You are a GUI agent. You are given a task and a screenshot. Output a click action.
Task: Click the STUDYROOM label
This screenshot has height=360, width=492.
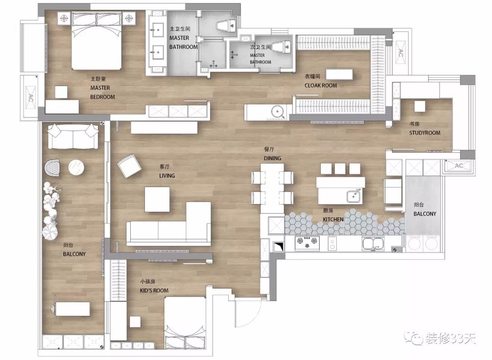tap(425, 133)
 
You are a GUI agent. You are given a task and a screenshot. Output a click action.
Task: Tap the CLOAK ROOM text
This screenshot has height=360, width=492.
tap(321, 86)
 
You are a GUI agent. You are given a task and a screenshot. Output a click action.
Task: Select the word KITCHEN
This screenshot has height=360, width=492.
tap(333, 219)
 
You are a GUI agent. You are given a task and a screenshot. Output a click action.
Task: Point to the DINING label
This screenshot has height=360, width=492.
tap(272, 158)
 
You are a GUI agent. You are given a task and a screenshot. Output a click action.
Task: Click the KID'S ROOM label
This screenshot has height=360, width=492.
tap(154, 291)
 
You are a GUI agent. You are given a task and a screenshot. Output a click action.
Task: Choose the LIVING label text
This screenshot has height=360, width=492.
tap(167, 176)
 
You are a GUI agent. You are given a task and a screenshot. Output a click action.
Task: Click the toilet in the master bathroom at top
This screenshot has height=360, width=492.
tap(226, 25)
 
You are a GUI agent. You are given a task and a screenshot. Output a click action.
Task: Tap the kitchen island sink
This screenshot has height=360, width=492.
tap(354, 196)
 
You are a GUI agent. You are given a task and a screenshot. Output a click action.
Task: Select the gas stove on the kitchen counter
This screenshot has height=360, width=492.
tap(307, 243)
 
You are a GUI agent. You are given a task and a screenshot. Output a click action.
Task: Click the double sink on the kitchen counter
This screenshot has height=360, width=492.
tap(373, 243)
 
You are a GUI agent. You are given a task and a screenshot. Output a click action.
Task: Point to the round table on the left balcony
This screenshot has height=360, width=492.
tap(76, 167)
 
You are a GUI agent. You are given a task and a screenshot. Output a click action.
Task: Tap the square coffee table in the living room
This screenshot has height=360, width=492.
tap(157, 199)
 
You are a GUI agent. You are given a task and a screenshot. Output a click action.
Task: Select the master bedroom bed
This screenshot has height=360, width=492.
tap(97, 41)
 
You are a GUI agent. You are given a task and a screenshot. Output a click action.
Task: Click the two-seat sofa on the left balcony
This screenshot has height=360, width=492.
tap(72, 137)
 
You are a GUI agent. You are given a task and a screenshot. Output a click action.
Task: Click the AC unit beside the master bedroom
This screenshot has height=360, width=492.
tap(31, 97)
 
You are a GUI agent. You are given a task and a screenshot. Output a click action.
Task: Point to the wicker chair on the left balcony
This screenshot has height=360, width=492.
tap(52, 167)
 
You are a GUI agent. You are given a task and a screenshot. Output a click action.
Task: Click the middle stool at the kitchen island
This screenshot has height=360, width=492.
tap(340, 169)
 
